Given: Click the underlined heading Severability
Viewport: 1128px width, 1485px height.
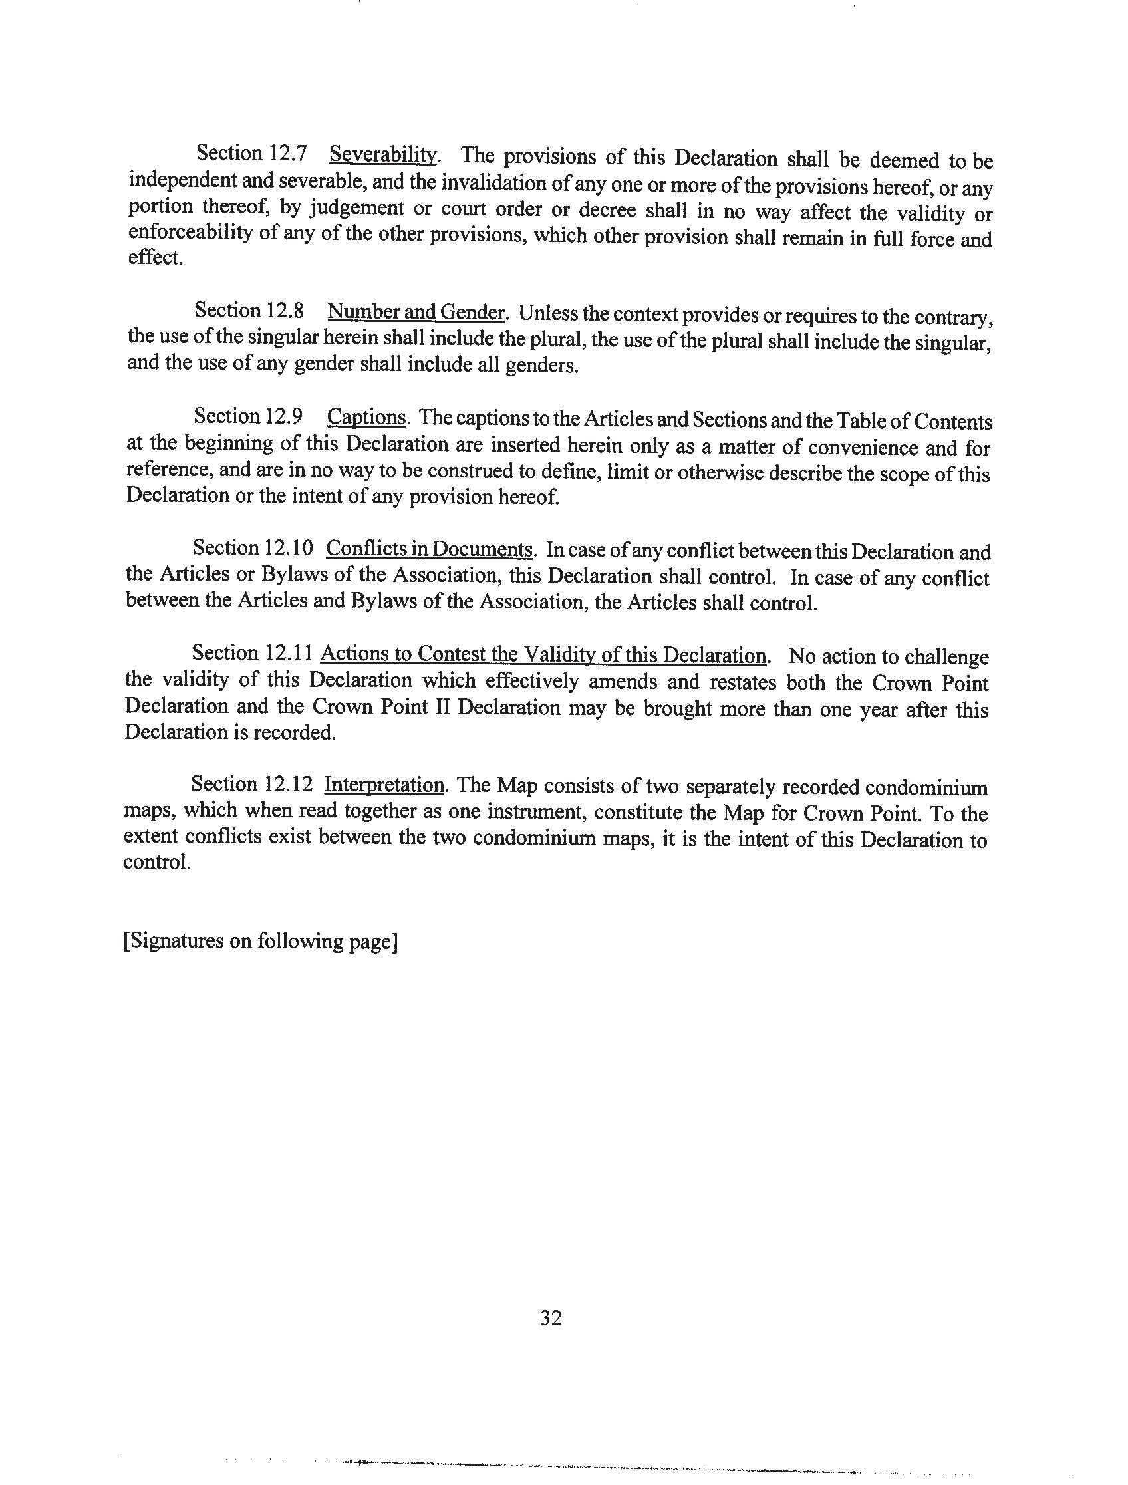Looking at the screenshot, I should [x=383, y=155].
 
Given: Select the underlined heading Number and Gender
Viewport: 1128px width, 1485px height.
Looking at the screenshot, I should [x=416, y=312].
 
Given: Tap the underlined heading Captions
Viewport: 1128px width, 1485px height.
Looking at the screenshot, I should [x=366, y=418].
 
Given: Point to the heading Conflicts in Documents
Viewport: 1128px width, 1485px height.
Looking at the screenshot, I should [x=430, y=549].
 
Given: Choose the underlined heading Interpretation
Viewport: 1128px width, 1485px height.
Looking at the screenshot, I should [x=384, y=784].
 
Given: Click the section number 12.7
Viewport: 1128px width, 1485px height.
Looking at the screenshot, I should [x=288, y=154].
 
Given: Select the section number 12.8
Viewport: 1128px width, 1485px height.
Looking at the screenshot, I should [x=285, y=311].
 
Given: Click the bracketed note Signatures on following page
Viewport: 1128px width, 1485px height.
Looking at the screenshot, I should [x=261, y=941].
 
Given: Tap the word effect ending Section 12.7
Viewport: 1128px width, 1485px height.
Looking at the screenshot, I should [x=155, y=258].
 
